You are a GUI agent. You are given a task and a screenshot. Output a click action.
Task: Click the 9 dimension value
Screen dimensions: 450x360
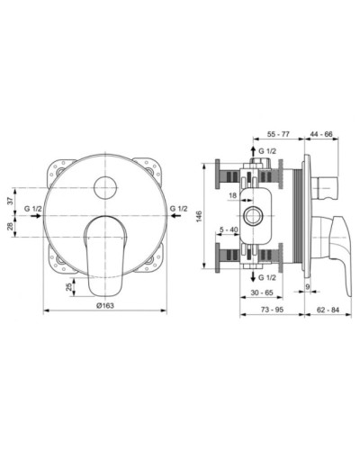tap(306, 287)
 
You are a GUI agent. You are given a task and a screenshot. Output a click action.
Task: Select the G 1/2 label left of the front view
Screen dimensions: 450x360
tap(33, 210)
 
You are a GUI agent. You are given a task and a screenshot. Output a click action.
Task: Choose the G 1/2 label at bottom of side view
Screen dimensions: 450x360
tap(268, 279)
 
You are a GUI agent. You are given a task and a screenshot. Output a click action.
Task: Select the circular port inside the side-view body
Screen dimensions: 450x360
tap(250, 217)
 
